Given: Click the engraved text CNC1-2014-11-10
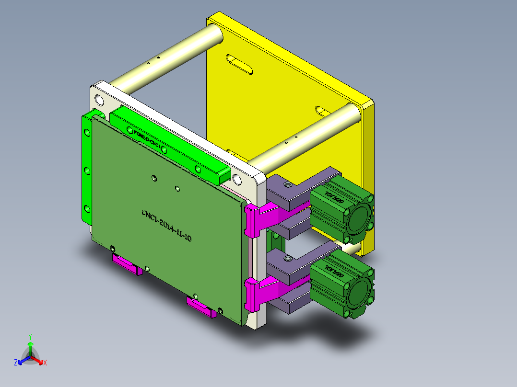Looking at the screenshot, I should (166, 225).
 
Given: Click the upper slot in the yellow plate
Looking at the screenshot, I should (239, 64).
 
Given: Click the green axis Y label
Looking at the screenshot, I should (30, 336).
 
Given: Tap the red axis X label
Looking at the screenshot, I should (45, 363).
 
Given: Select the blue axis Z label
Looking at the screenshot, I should (16, 363).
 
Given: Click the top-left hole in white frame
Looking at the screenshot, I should (99, 100).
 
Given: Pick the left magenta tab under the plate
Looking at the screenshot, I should (128, 265).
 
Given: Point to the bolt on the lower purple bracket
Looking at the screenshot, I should (287, 259).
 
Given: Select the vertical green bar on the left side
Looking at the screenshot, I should (87, 170).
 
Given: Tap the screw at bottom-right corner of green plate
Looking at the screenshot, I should (220, 310).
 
